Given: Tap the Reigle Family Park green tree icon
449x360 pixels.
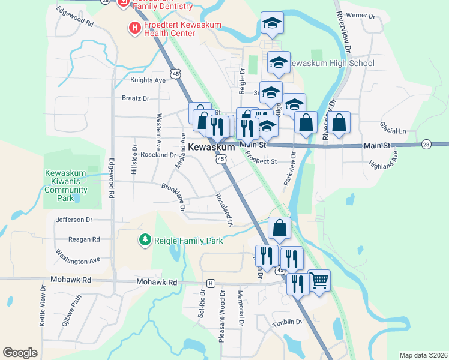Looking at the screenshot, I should pos(145,240).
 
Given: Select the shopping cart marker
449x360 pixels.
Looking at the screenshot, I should pos(319,280).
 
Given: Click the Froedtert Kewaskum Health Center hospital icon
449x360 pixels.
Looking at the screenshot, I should pos(134,27).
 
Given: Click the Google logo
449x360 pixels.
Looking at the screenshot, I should pos(20,353).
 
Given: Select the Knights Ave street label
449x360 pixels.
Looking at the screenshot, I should pos(148,80).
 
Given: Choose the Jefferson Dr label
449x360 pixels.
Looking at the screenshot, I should pos(74,220).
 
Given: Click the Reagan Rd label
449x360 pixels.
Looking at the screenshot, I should pos(83,239).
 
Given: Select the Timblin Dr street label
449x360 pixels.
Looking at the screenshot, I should pos(288,322).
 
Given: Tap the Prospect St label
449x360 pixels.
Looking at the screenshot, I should pos(261,161).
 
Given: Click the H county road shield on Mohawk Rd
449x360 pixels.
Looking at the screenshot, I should pos(211,283).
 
